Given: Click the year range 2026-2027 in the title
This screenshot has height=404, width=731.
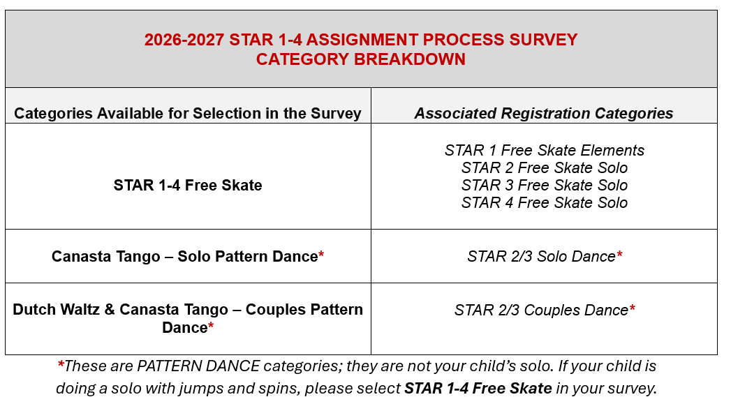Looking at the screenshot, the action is coord(184,40).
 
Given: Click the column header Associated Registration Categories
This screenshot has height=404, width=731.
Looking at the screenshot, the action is coord(544,113).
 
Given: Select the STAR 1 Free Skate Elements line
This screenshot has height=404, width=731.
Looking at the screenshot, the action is coord(544,150).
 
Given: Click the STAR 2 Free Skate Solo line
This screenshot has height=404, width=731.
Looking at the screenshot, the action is coord(544,167).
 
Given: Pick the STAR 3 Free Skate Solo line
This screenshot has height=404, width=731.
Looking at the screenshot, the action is coord(544,185).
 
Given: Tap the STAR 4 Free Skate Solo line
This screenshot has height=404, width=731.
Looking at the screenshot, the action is coord(544,203).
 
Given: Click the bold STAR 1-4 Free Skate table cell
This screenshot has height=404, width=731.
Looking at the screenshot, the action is coord(188,185).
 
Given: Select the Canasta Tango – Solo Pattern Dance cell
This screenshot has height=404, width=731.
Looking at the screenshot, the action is coord(188,256).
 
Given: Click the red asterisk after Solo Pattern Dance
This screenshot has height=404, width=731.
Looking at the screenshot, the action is coord(321,255).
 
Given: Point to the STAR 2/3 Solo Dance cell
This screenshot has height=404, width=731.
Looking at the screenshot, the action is coord(545,256).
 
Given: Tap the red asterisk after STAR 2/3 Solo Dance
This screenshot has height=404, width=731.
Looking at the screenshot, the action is coord(619,255).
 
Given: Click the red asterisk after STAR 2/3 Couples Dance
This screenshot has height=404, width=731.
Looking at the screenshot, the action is coord(632,308).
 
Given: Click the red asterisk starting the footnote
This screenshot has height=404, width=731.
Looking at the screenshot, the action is coord(61,364).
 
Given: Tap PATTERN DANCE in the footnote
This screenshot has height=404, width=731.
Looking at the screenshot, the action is coord(198,366).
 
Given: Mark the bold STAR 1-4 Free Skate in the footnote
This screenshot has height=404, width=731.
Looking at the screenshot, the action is coord(478,388).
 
